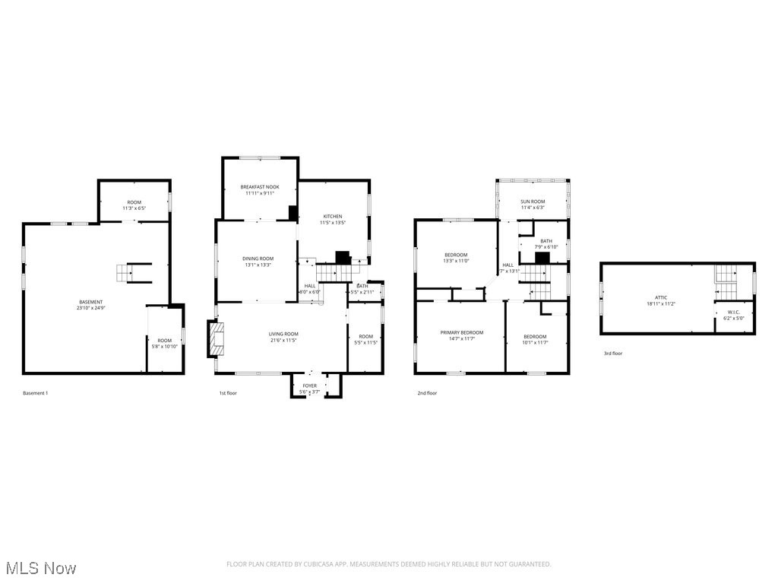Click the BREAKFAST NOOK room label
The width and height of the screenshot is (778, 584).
260,186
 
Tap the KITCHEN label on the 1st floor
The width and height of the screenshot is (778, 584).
333,217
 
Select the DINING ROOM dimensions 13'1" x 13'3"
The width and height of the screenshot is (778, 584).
258,265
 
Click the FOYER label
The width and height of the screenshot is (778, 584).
310,386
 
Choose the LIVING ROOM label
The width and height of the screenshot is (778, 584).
283,334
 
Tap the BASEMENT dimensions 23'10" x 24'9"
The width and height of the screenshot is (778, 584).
92,308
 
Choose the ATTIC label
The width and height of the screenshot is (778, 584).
661,297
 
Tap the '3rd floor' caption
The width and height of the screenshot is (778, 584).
612,353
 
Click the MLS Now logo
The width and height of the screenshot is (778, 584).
40,568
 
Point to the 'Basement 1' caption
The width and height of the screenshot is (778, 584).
35,393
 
